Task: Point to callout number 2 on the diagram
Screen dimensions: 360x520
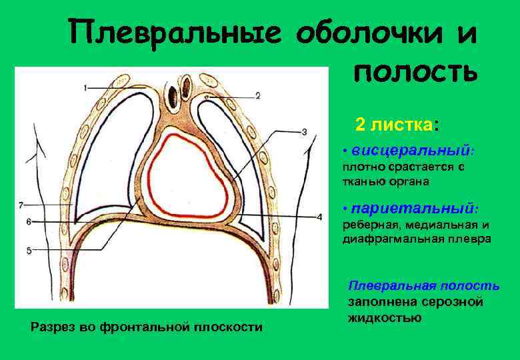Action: click(x=257, y=95)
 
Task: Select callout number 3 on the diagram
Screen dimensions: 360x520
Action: click(x=304, y=132)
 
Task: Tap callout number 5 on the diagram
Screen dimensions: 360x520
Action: click(x=29, y=250)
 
